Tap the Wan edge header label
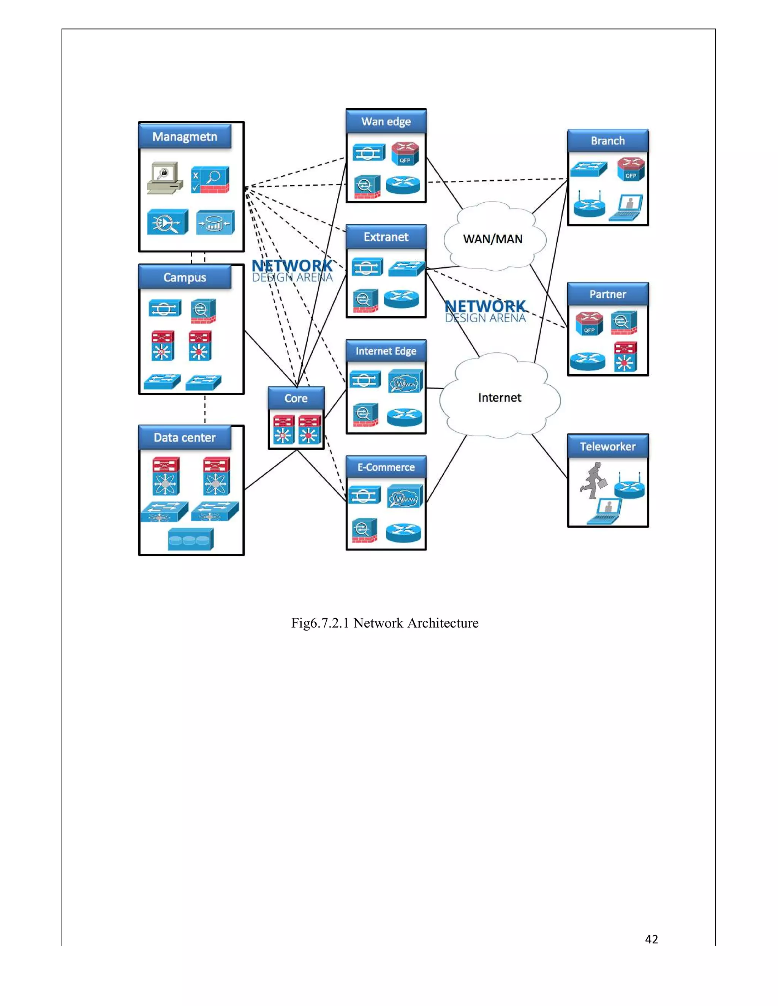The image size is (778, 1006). click(386, 121)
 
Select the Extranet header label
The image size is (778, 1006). click(386, 237)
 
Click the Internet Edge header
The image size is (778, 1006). click(386, 352)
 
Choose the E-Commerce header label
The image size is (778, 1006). click(386, 467)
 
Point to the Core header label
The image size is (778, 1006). click(296, 399)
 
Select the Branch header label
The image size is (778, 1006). click(607, 141)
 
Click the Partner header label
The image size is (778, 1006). click(607, 294)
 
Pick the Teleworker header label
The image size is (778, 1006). click(607, 446)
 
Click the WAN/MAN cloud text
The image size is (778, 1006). click(493, 239)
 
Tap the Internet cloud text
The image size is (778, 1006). click(500, 397)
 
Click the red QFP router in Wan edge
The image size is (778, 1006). click(405, 153)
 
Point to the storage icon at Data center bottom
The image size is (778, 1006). click(190, 539)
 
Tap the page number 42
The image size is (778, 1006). click(651, 939)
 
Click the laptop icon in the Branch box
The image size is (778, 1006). click(626, 208)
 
